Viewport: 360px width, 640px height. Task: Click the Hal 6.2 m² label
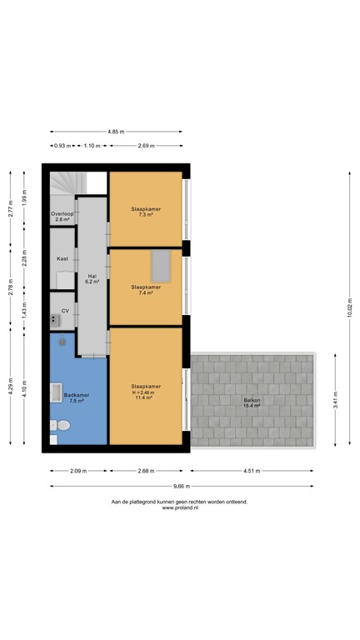(x=92, y=279)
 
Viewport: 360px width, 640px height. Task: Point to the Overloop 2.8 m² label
(x=62, y=217)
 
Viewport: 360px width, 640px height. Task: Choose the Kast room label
(x=62, y=259)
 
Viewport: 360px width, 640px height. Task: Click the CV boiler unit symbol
(x=56, y=317)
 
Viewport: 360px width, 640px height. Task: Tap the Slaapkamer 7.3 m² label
(x=145, y=211)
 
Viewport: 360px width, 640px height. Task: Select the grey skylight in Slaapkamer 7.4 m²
(x=161, y=266)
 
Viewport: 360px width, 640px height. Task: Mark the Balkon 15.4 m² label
(x=252, y=402)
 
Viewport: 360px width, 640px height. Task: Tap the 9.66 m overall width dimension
(x=181, y=487)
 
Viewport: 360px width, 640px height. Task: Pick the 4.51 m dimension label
(x=252, y=470)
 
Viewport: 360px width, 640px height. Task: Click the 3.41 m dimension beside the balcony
(x=334, y=400)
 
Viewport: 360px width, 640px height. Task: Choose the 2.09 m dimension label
(x=78, y=470)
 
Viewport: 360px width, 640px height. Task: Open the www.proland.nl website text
(x=180, y=507)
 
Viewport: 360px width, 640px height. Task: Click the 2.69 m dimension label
(x=147, y=146)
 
